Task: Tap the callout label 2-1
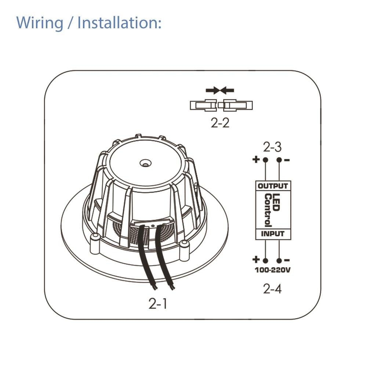pos(158,304)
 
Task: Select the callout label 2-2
pos(220,123)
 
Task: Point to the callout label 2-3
pos(272,147)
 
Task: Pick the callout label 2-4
pos(272,289)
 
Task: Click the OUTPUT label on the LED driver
pos(273,186)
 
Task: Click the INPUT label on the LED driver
pos(273,234)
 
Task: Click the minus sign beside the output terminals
pos(287,160)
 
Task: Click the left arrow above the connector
pos(212,90)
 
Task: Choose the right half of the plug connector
pos(237,106)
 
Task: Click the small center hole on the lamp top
pos(146,161)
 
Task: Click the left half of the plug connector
pos(204,106)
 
